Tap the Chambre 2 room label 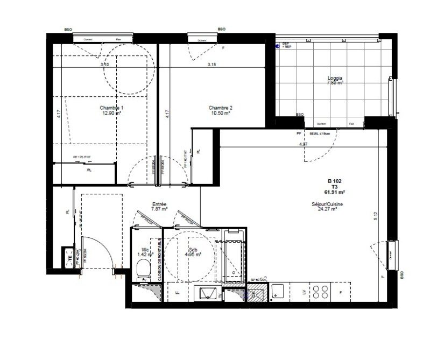click(220, 108)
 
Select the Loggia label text click(336, 77)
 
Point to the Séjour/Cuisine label click(327, 204)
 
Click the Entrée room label click(159, 204)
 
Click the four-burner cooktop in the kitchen click(323, 293)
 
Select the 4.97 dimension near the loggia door click(304, 145)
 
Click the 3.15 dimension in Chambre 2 click(215, 65)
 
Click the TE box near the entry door click(69, 260)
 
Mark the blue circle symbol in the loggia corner click(278, 47)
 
